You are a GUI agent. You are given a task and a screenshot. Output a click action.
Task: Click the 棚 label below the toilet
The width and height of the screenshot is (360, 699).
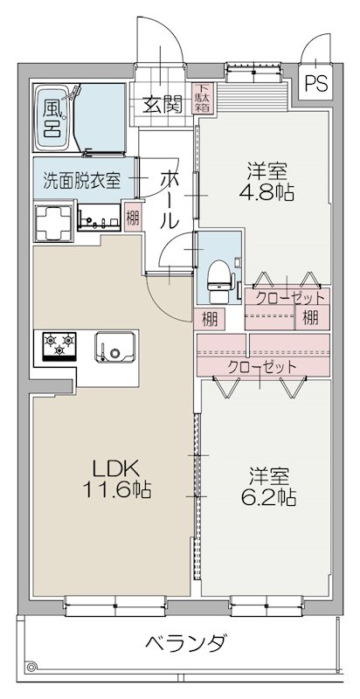pyautogui.click(x=210, y=318)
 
